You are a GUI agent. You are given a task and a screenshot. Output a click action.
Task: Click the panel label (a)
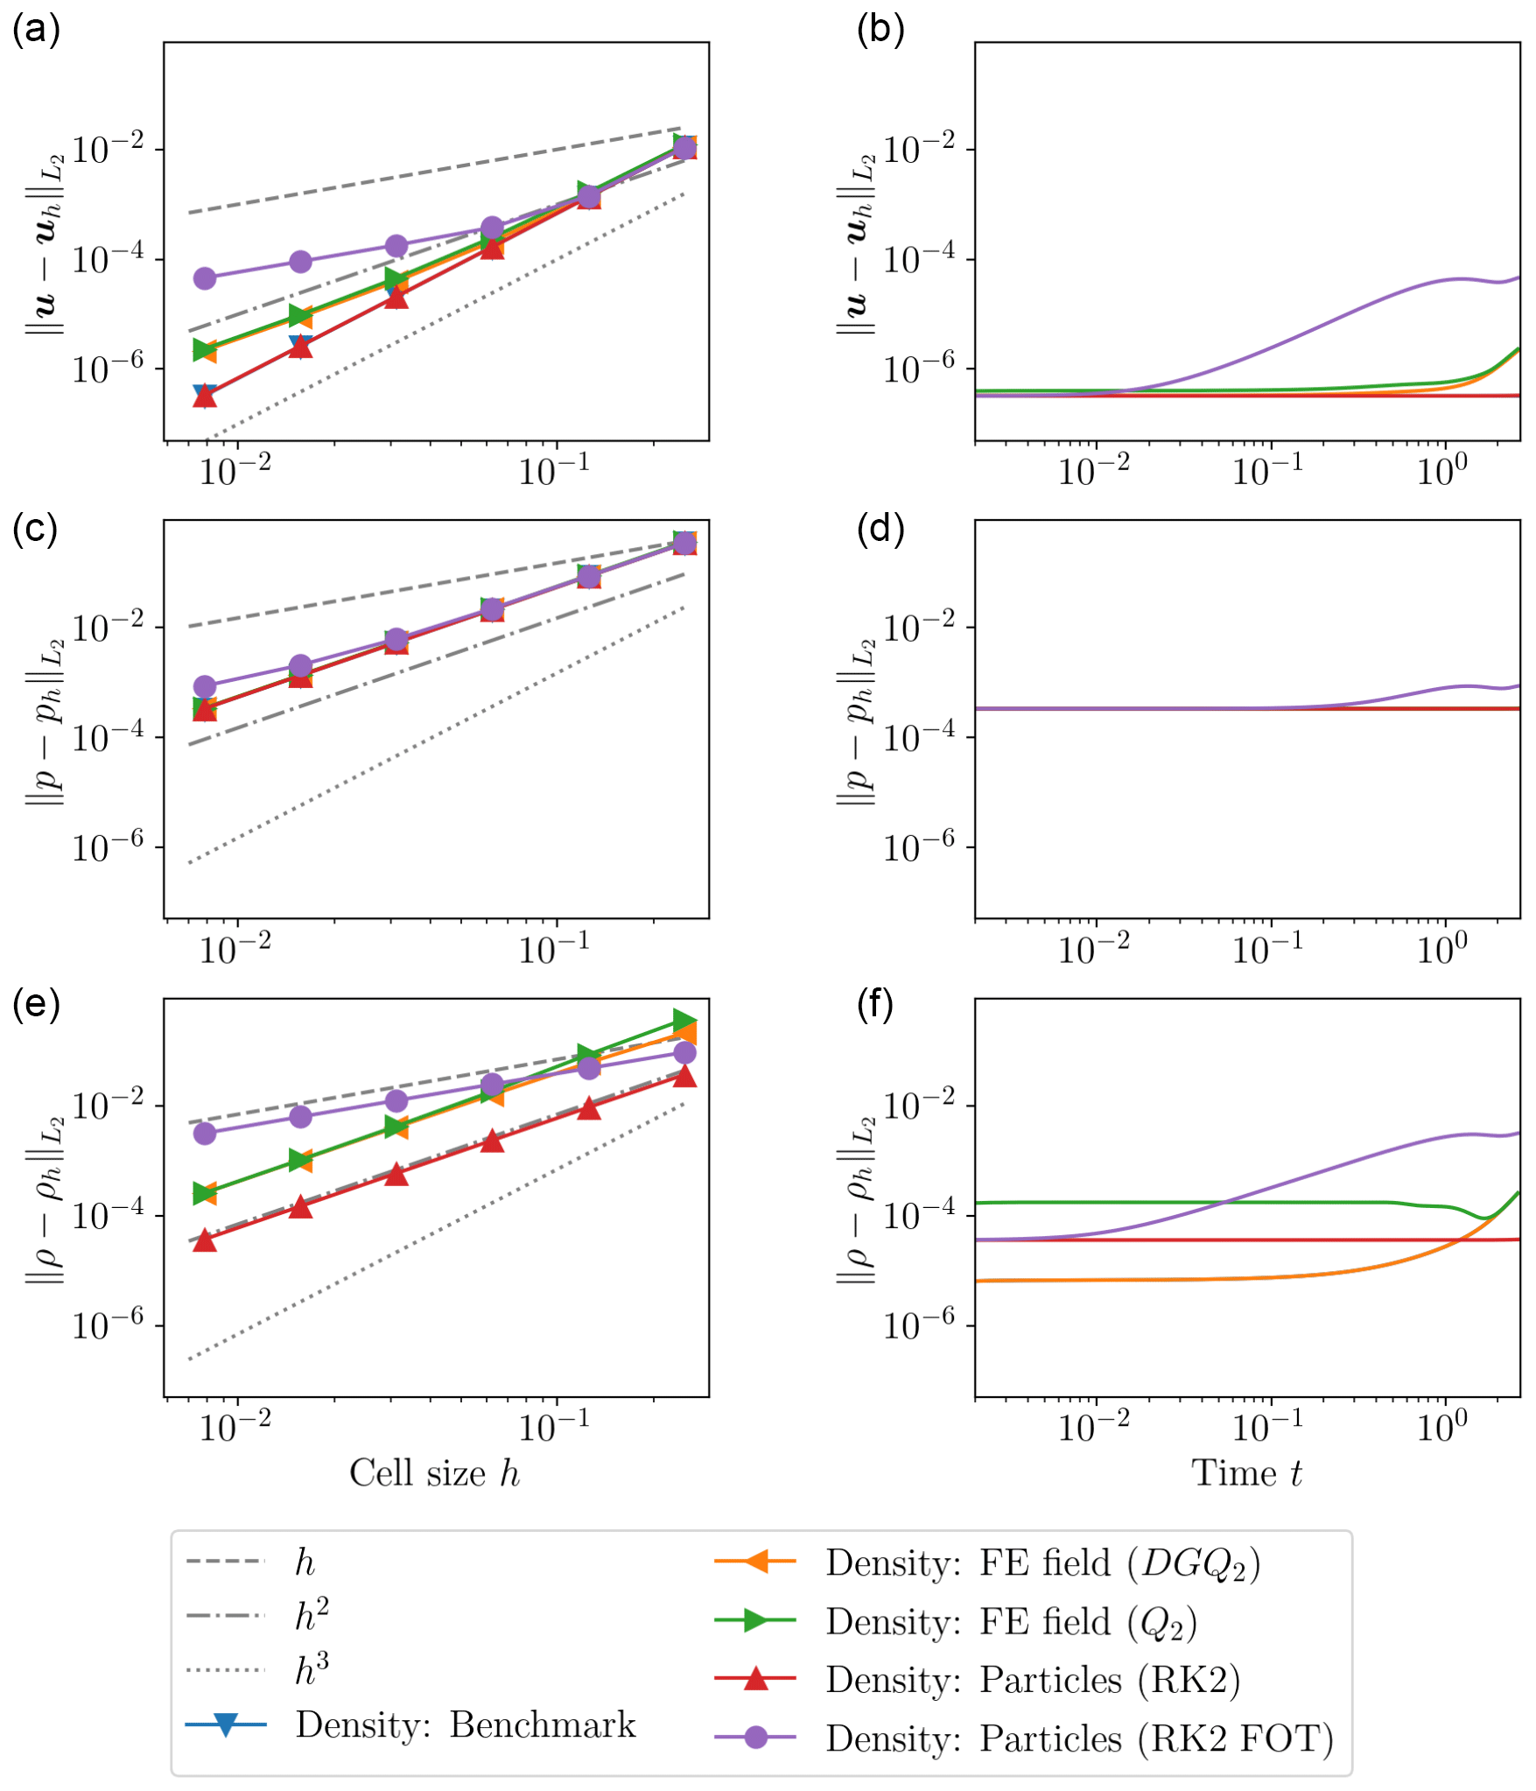click(36, 30)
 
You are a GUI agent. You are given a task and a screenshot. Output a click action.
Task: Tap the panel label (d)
click(880, 529)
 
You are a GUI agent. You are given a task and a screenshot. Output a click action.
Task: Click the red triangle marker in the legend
click(755, 1679)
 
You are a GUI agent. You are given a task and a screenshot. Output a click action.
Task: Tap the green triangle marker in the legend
click(755, 1620)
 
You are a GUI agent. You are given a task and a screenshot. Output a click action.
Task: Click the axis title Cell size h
click(434, 1473)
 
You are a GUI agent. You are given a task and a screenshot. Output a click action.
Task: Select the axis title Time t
click(1246, 1473)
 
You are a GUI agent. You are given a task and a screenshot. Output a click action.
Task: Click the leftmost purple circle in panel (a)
click(205, 278)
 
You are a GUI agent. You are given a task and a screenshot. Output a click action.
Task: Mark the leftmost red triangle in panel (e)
click(205, 1240)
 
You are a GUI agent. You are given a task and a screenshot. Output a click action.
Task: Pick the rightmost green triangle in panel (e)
click(684, 1021)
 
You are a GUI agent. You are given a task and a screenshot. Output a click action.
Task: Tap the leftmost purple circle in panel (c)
click(205, 685)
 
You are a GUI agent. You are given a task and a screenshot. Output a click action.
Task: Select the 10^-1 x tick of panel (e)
click(554, 1429)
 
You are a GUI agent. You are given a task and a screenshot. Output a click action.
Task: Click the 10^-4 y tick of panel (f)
click(918, 1216)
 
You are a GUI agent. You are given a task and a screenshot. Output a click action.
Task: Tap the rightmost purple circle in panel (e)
click(684, 1052)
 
